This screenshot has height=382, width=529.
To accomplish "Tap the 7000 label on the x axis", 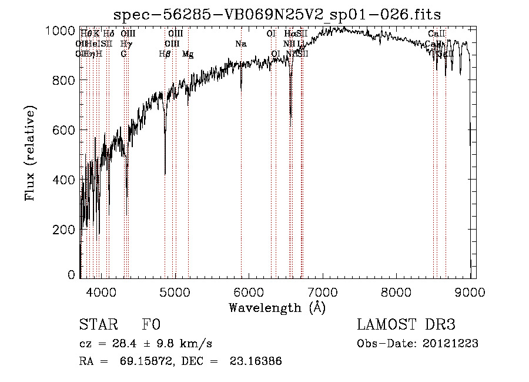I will coord(322,290).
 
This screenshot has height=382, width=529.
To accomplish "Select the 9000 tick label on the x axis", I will coord(470,290).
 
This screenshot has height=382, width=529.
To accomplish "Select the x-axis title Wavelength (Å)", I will coord(277,307).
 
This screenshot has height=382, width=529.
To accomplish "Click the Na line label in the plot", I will coord(240,44).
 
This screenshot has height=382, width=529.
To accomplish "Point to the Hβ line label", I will coord(165,54).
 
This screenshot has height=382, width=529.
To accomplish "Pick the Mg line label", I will coord(188,54).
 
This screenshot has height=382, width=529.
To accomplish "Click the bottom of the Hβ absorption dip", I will coord(165,174).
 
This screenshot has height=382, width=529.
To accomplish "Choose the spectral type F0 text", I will coord(151,325).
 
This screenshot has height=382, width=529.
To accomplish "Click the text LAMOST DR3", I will coord(406,325).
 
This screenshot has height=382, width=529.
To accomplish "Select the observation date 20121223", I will coord(451,344).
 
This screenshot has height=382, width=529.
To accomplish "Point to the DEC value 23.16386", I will coord(257,361).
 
